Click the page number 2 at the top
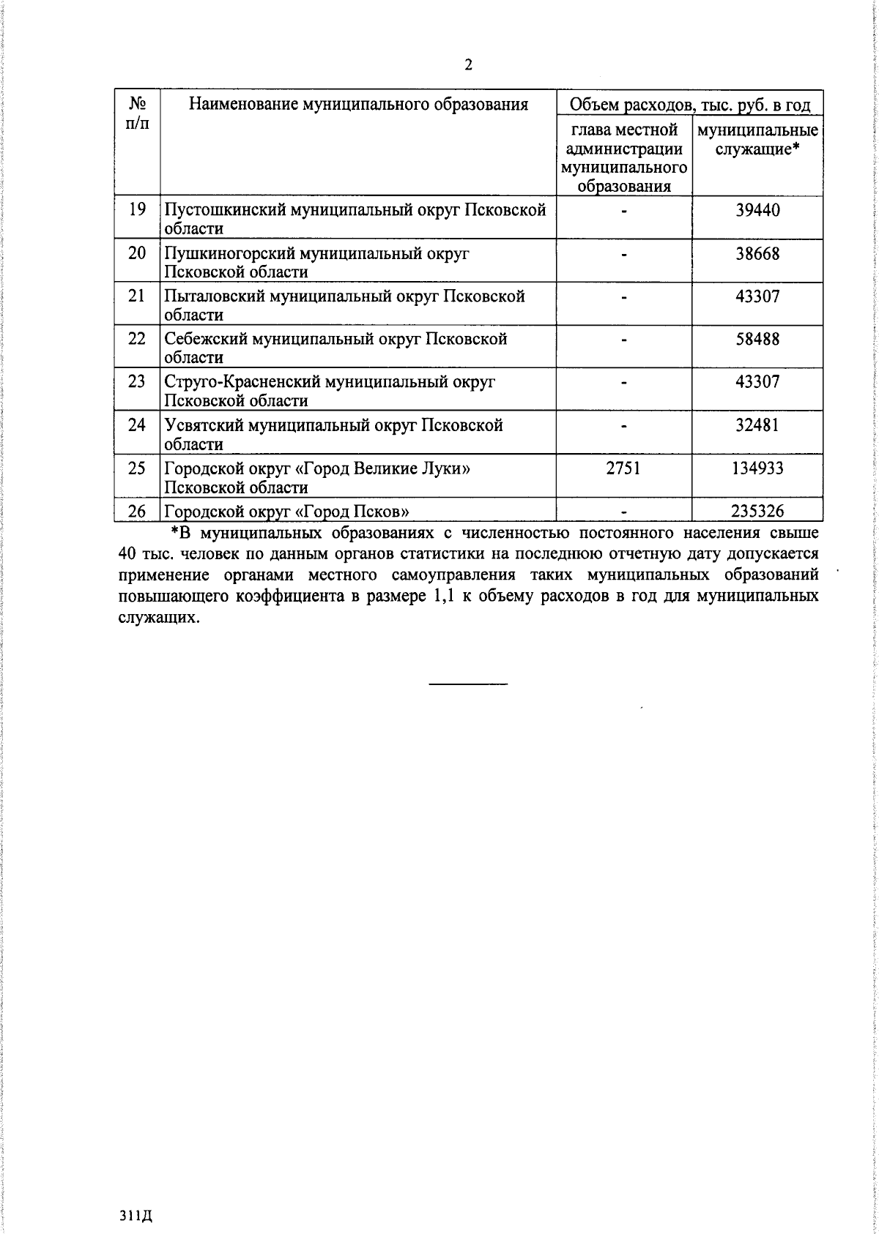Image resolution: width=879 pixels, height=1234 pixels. tap(468, 65)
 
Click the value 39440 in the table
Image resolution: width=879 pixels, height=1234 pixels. tap(757, 211)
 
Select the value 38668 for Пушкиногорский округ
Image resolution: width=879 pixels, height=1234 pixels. tap(757, 254)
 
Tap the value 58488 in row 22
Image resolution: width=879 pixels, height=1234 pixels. tap(757, 340)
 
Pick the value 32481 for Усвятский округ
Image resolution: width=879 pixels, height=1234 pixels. tap(757, 425)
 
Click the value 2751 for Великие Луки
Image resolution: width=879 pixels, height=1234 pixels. tap(623, 468)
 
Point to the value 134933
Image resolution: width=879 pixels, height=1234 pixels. tap(757, 468)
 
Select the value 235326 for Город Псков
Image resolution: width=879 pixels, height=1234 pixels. tap(757, 511)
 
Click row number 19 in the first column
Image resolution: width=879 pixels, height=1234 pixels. tap(137, 211)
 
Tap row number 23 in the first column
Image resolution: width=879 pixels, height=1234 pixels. tap(137, 382)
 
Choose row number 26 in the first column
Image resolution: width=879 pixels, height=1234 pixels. tap(137, 511)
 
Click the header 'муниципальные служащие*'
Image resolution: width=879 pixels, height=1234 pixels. tap(757, 140)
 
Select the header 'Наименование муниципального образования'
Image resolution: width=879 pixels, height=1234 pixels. tap(358, 104)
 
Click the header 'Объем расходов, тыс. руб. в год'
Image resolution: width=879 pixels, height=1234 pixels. tap(690, 105)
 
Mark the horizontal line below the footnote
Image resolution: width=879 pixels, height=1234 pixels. tap(468, 684)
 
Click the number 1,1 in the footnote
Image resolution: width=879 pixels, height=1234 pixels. tap(445, 597)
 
